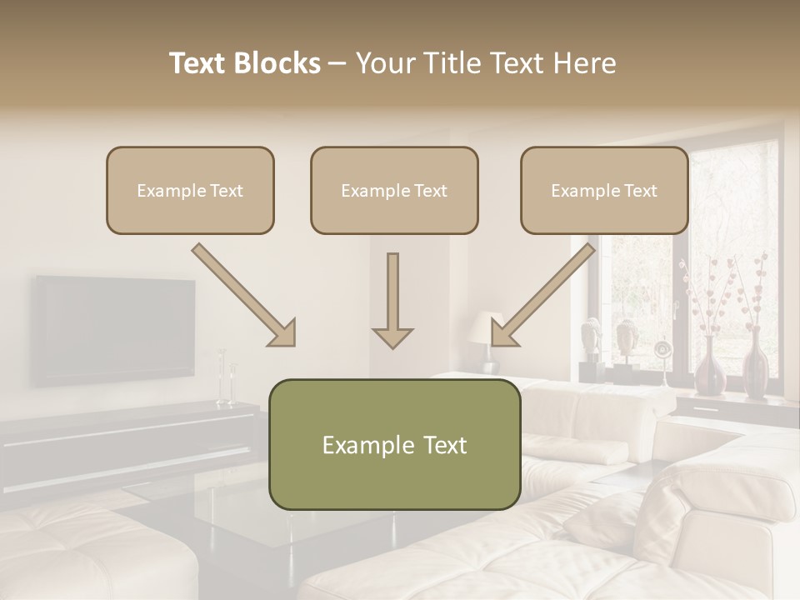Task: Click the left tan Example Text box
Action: point(190,190)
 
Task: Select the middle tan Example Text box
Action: point(394,190)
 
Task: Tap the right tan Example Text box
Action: point(604,190)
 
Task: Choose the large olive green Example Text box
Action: point(394,444)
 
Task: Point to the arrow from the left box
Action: point(245,296)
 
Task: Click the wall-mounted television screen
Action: point(114,329)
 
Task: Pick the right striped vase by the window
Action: point(754,365)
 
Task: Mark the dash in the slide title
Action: point(337,63)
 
